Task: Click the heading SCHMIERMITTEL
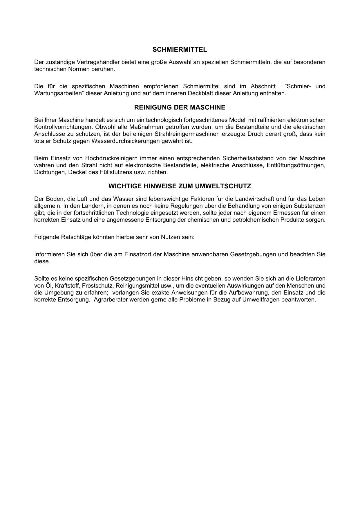click(180, 50)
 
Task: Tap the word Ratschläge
click(76, 237)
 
